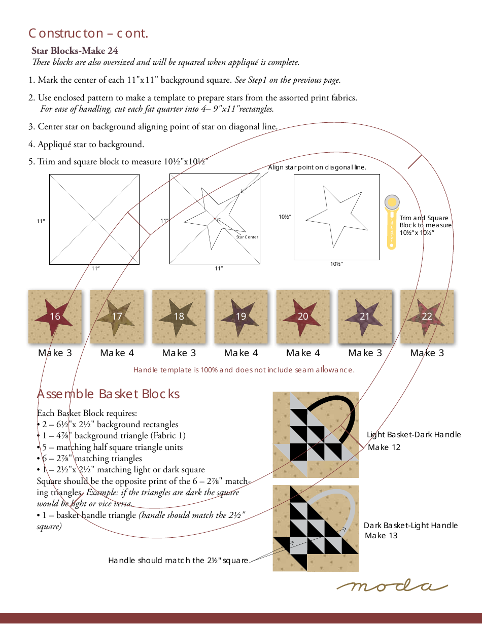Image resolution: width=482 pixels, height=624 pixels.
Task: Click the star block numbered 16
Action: (55, 317)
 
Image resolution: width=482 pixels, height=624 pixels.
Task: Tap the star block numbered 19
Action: (241, 317)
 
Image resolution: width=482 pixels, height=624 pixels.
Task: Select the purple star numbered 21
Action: (365, 317)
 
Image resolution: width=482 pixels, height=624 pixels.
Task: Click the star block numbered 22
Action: (427, 317)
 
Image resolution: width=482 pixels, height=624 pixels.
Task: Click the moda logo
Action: (392, 586)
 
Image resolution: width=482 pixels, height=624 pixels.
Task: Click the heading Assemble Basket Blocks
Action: (108, 394)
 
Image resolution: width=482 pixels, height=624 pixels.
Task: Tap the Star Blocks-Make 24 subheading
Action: (75, 50)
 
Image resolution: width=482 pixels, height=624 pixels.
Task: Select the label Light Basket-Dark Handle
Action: (414, 435)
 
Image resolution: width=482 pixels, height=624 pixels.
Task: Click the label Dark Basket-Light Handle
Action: (410, 526)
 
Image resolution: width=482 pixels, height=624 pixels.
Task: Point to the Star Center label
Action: (247, 237)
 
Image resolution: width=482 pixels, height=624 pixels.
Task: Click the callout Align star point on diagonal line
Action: (317, 167)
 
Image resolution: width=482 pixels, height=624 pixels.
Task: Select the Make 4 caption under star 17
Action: (117, 353)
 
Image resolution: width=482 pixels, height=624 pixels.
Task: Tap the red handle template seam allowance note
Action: (244, 370)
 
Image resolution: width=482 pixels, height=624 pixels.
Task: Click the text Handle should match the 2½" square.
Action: (179, 561)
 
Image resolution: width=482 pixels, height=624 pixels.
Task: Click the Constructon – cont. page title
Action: (88, 33)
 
